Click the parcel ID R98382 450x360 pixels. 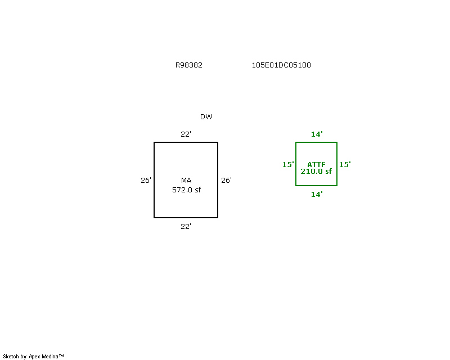pos(189,65)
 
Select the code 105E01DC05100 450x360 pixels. pos(281,65)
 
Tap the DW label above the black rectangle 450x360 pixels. pos(206,117)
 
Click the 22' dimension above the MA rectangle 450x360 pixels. pos(186,134)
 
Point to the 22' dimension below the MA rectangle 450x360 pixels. pos(186,227)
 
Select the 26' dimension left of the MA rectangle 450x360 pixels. pos(146,181)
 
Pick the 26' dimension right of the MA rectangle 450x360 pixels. pos(226,181)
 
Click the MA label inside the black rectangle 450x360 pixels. pos(186,181)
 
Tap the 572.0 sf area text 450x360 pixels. pos(186,190)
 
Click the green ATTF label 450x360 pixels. pos(316,164)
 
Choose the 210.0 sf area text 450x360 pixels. pos(316,172)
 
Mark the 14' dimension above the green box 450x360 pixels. pos(317,134)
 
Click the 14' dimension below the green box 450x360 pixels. pos(317,195)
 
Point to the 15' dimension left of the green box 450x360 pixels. pos(288,164)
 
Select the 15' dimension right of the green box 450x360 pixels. pos(345,164)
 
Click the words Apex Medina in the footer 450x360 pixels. pos(43,357)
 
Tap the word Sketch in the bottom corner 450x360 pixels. pos(11,357)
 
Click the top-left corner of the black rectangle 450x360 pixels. pos(154,142)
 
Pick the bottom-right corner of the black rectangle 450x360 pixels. pos(218,218)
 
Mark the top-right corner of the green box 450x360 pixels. pos(337,142)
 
